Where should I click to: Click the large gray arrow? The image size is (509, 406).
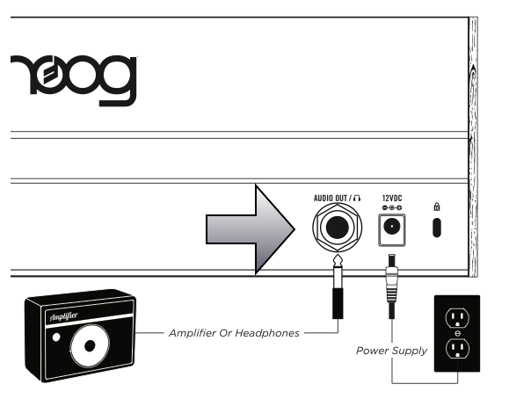click(251, 229)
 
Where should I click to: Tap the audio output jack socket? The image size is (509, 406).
click(338, 228)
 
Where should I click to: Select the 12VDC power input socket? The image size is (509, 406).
click(392, 229)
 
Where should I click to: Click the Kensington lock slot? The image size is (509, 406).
click(437, 228)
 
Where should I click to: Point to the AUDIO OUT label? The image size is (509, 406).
click(331, 198)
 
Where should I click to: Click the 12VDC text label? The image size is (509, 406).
click(392, 198)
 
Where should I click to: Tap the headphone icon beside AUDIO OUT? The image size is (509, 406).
click(357, 198)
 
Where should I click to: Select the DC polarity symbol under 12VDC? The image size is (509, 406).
click(392, 208)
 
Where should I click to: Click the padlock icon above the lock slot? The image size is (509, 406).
click(437, 207)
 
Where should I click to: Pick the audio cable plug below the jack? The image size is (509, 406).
click(338, 286)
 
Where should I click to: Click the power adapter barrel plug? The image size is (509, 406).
click(392, 286)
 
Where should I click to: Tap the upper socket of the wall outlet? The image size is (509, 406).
click(457, 317)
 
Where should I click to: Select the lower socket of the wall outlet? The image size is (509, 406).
click(457, 348)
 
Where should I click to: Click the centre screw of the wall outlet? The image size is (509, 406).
click(458, 333)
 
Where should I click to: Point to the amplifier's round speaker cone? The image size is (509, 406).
click(90, 346)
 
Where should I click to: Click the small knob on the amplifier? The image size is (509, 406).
click(56, 337)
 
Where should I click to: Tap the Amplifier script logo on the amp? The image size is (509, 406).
click(64, 316)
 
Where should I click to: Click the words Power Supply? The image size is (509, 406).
click(391, 351)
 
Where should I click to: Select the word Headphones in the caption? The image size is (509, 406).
click(267, 333)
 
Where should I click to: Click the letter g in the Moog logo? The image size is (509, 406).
click(117, 81)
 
